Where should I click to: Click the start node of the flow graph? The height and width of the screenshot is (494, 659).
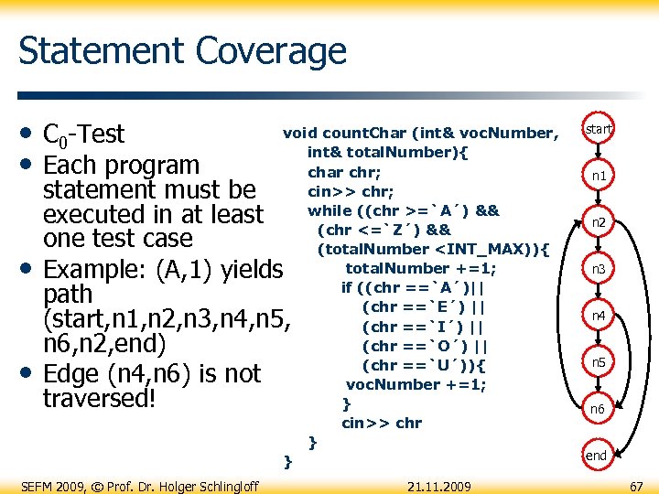pos(599,130)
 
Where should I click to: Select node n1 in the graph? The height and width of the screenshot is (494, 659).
pos(599,175)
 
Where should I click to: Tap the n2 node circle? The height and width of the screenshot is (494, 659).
pos(599,222)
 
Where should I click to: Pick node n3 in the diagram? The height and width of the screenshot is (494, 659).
pos(599,269)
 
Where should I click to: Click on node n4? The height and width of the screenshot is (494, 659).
pos(599,316)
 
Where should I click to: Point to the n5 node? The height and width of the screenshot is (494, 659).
pos(599,362)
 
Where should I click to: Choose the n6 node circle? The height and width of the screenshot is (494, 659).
pos(599,409)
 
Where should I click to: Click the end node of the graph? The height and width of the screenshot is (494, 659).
pos(597,455)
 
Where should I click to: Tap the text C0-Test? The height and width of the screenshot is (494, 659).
pos(83,134)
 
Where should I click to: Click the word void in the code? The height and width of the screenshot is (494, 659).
pos(300,133)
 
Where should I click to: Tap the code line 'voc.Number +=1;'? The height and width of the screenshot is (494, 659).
pos(416,384)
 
